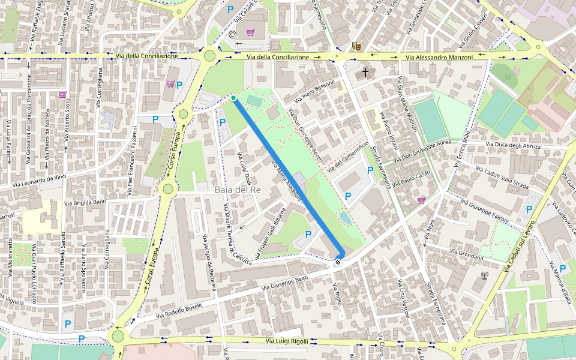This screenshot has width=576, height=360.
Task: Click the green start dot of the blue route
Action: point(233,98)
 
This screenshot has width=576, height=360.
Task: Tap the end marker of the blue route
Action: point(338,262)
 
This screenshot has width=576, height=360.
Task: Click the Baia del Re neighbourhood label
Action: point(238,190)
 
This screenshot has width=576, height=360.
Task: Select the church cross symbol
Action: point(365,73)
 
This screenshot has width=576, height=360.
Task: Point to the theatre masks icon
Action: point(356,46)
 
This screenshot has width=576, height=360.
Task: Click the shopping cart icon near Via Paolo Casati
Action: point(421,200)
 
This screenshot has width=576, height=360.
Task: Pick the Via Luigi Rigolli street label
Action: point(287,341)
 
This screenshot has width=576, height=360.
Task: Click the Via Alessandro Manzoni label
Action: point(439,57)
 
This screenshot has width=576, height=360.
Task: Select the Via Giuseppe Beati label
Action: point(286,284)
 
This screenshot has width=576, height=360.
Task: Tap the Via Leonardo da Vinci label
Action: point(34,181)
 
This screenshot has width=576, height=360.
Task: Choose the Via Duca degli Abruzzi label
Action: point(514,146)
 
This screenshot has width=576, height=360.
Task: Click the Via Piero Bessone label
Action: point(310,92)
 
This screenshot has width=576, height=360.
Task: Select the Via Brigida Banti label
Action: point(86,203)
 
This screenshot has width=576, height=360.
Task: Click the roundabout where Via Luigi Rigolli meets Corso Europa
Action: point(118,336)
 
